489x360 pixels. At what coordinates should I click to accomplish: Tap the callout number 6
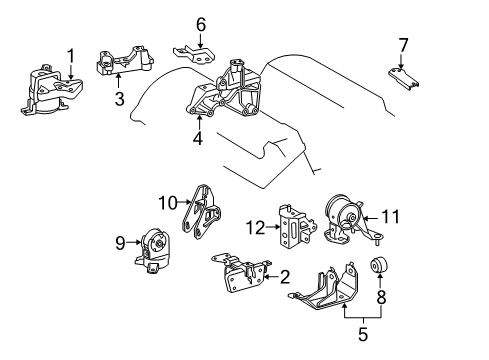click(x=201, y=24)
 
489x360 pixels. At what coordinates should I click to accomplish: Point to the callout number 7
click(x=403, y=45)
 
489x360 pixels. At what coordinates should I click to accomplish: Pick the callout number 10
click(x=166, y=204)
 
